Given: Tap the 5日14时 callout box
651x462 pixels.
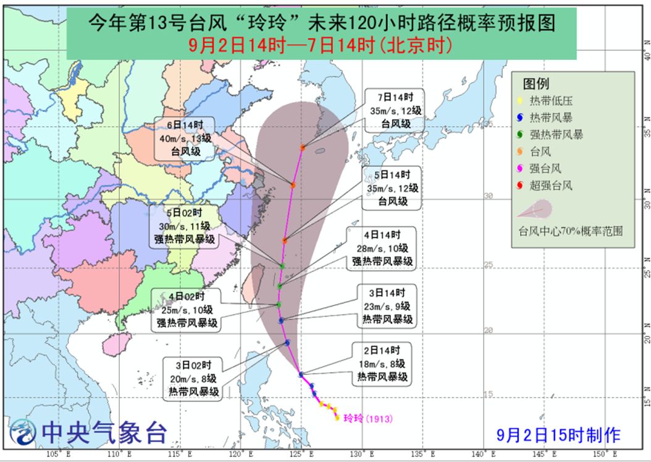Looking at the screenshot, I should [x=392, y=187].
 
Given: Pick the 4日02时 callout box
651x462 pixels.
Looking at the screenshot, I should [x=186, y=308].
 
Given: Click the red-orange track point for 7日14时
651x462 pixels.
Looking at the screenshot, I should [x=303, y=148].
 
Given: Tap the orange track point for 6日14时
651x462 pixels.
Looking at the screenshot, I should [x=292, y=185].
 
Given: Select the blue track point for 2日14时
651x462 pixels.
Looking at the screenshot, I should [x=301, y=374].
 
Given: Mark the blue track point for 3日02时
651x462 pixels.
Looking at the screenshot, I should [x=288, y=342].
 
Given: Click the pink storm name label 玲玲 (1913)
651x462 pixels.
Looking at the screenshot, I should [x=367, y=418].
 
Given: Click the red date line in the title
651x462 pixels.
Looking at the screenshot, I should [x=321, y=45].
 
